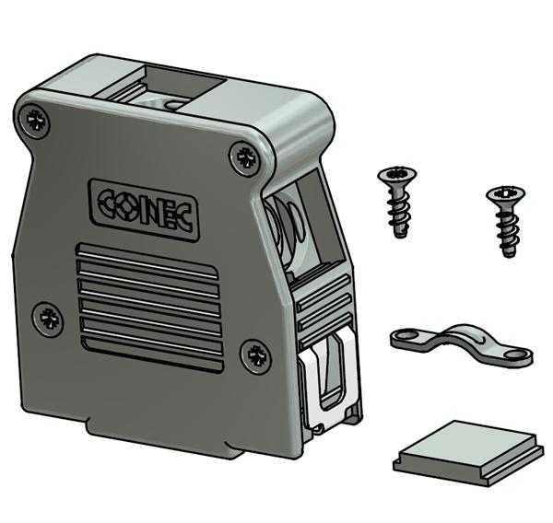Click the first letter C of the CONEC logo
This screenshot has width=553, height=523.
tap(107, 201)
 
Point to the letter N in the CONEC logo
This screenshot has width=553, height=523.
tap(156, 207)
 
